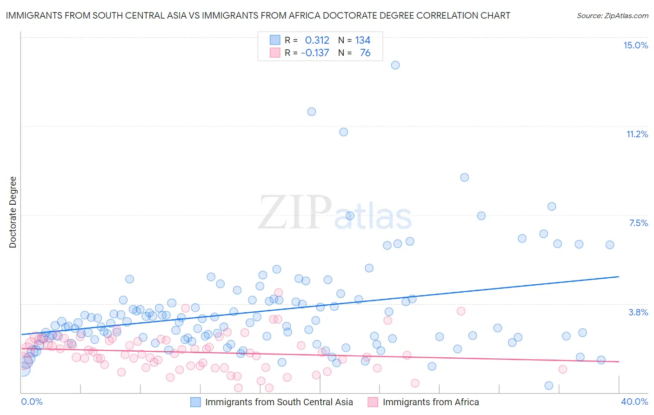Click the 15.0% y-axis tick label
[x=635, y=45]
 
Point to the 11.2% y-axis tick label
[x=637, y=134]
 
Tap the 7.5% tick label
[x=638, y=223]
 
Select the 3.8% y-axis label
[x=638, y=312]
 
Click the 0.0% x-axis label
[x=32, y=402]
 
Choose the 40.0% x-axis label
[x=634, y=402]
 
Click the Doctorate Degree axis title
[x=13, y=212]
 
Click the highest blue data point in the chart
[x=395, y=65]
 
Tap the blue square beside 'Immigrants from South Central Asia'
[x=196, y=402]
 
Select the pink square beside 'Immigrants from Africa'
[x=373, y=402]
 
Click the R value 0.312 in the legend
[x=317, y=40]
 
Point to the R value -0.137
[x=315, y=53]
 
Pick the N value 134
[x=363, y=40]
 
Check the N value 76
[x=365, y=53]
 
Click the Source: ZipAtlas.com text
[x=612, y=16]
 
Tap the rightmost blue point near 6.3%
[x=610, y=245]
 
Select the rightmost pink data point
[x=563, y=369]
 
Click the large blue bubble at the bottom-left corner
[x=23, y=369]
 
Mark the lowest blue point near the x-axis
[x=549, y=386]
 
